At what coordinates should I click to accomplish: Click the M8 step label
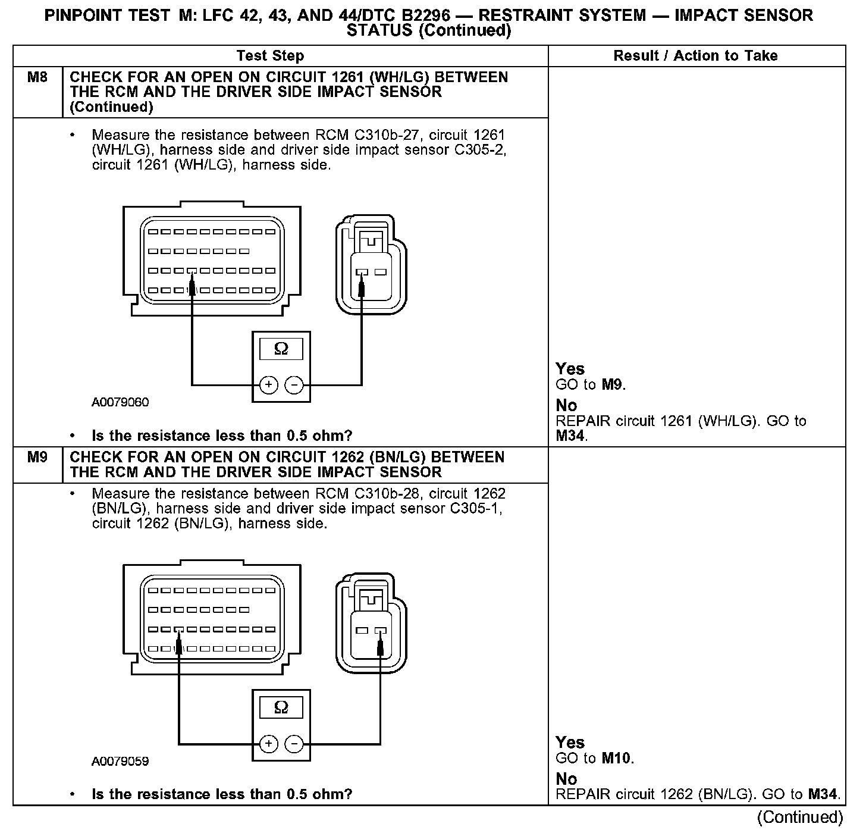point(37,77)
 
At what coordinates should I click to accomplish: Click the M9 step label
point(37,458)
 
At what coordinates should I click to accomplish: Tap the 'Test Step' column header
point(270,56)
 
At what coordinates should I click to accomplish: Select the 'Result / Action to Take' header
point(695,56)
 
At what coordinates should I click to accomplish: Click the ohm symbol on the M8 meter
point(281,349)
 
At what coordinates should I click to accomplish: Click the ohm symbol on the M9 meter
point(281,707)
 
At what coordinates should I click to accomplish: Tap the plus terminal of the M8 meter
point(269,386)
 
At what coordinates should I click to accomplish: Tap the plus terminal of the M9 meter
point(269,744)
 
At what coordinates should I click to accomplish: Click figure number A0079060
point(120,403)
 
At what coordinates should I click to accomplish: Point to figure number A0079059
point(120,762)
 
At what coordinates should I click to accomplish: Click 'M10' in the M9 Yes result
point(617,759)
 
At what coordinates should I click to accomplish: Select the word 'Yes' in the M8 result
point(570,369)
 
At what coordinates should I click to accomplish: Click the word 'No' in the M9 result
point(566,779)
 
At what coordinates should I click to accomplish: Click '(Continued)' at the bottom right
point(799,818)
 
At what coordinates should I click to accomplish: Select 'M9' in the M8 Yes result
point(613,385)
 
